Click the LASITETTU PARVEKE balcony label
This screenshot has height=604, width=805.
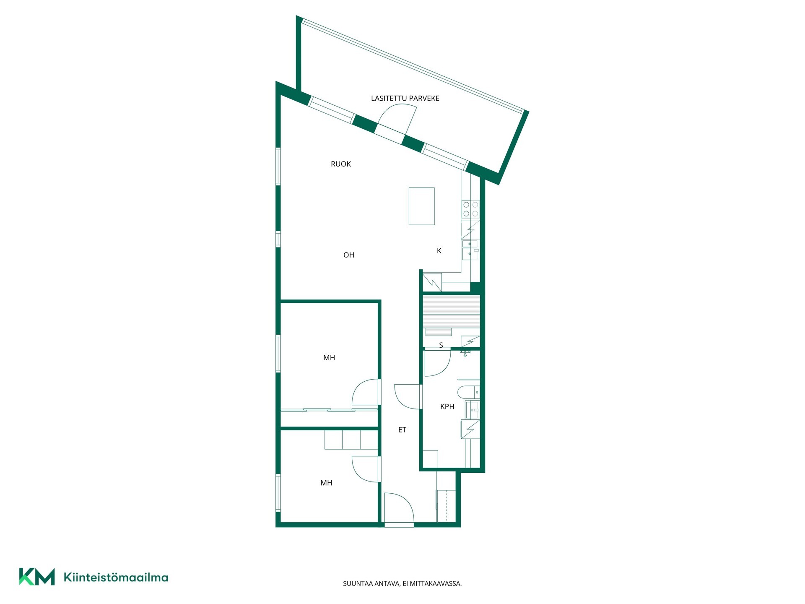click(x=405, y=99)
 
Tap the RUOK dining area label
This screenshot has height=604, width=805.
click(x=341, y=164)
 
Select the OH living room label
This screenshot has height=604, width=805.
click(x=349, y=255)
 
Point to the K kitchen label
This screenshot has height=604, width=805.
click(x=439, y=251)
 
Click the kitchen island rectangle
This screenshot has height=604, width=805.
click(x=421, y=206)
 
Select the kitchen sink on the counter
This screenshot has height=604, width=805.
click(x=470, y=250)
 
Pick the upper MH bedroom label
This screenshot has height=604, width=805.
click(x=329, y=358)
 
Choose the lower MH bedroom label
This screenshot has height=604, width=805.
click(x=326, y=483)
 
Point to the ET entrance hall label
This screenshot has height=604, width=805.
click(x=402, y=430)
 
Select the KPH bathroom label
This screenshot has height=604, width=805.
click(x=447, y=406)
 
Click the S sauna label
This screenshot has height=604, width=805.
click(x=441, y=345)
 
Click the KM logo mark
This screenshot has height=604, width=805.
click(x=37, y=577)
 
